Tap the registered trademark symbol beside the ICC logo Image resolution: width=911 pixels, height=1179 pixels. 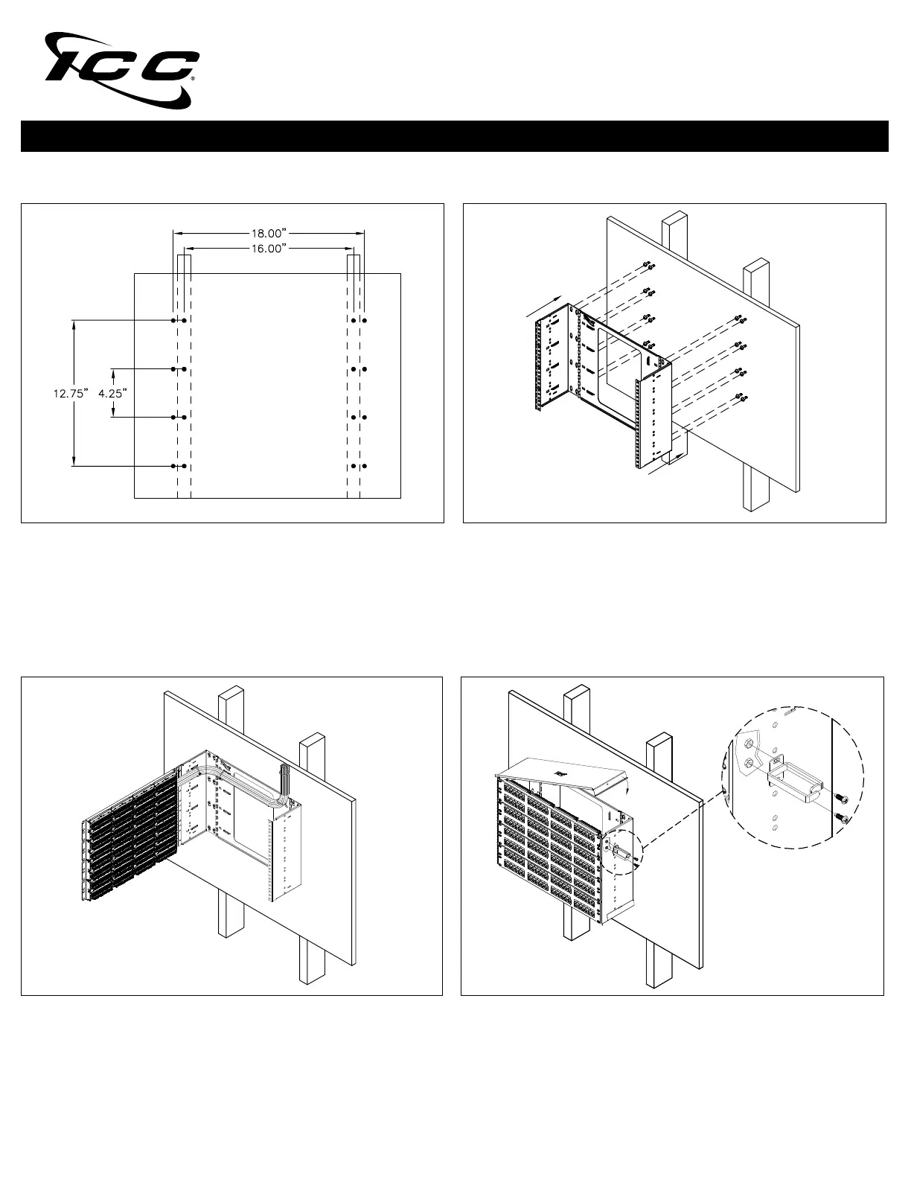(x=194, y=78)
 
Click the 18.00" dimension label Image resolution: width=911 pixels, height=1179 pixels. (x=268, y=233)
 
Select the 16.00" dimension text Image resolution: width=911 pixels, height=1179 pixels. (x=268, y=249)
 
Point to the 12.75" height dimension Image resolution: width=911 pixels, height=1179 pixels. (x=71, y=393)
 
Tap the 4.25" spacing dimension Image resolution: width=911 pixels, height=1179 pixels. (x=113, y=393)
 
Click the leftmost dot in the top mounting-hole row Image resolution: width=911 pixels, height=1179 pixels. (x=173, y=321)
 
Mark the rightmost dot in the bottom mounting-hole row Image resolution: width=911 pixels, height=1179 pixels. (x=364, y=466)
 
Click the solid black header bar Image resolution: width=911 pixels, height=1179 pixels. (x=455, y=136)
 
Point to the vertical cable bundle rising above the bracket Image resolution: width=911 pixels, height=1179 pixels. (x=282, y=782)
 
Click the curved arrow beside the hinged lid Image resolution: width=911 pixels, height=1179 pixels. (x=625, y=786)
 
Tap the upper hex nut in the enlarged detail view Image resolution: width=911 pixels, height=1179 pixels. (x=747, y=744)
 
